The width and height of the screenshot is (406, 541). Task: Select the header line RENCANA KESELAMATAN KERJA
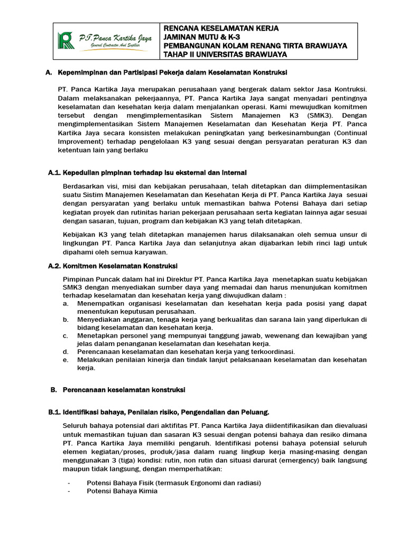tap(222, 27)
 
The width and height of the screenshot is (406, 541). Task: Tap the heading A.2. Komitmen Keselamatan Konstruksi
tap(120, 265)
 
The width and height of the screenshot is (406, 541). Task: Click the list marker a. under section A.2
tap(65, 304)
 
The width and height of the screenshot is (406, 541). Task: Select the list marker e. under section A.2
tap(65, 360)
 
